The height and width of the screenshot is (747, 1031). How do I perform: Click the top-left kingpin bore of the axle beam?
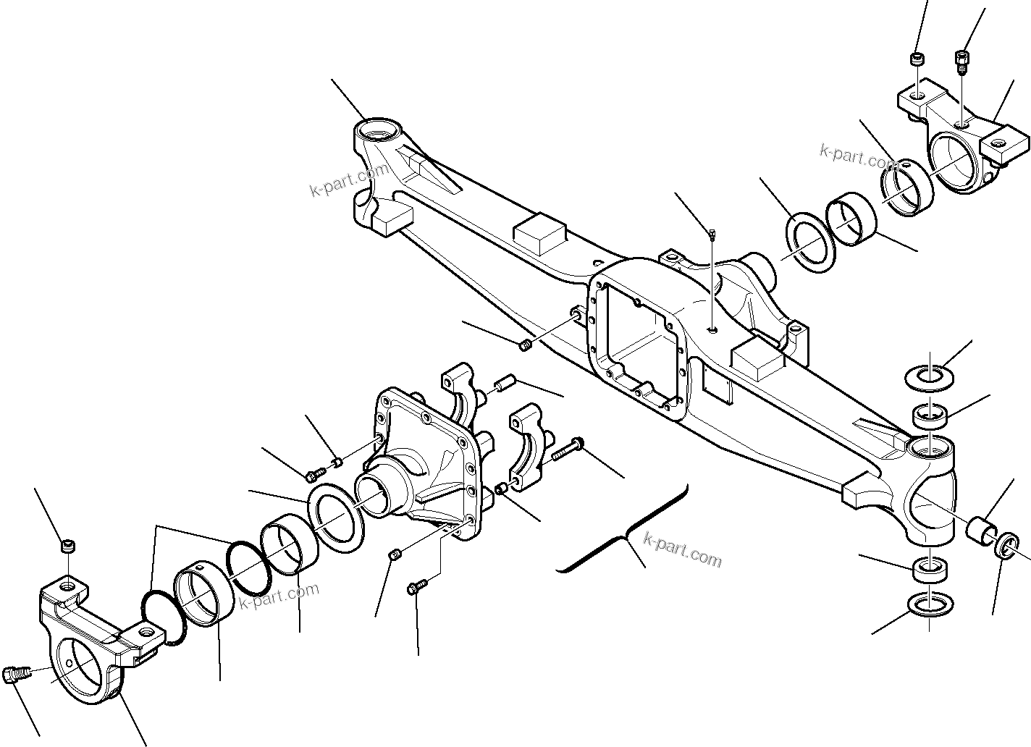click(378, 133)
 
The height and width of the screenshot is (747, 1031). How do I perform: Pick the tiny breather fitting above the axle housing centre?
click(712, 234)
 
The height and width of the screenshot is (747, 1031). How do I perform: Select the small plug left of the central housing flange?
click(526, 345)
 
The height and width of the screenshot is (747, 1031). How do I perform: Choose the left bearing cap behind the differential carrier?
click(460, 394)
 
